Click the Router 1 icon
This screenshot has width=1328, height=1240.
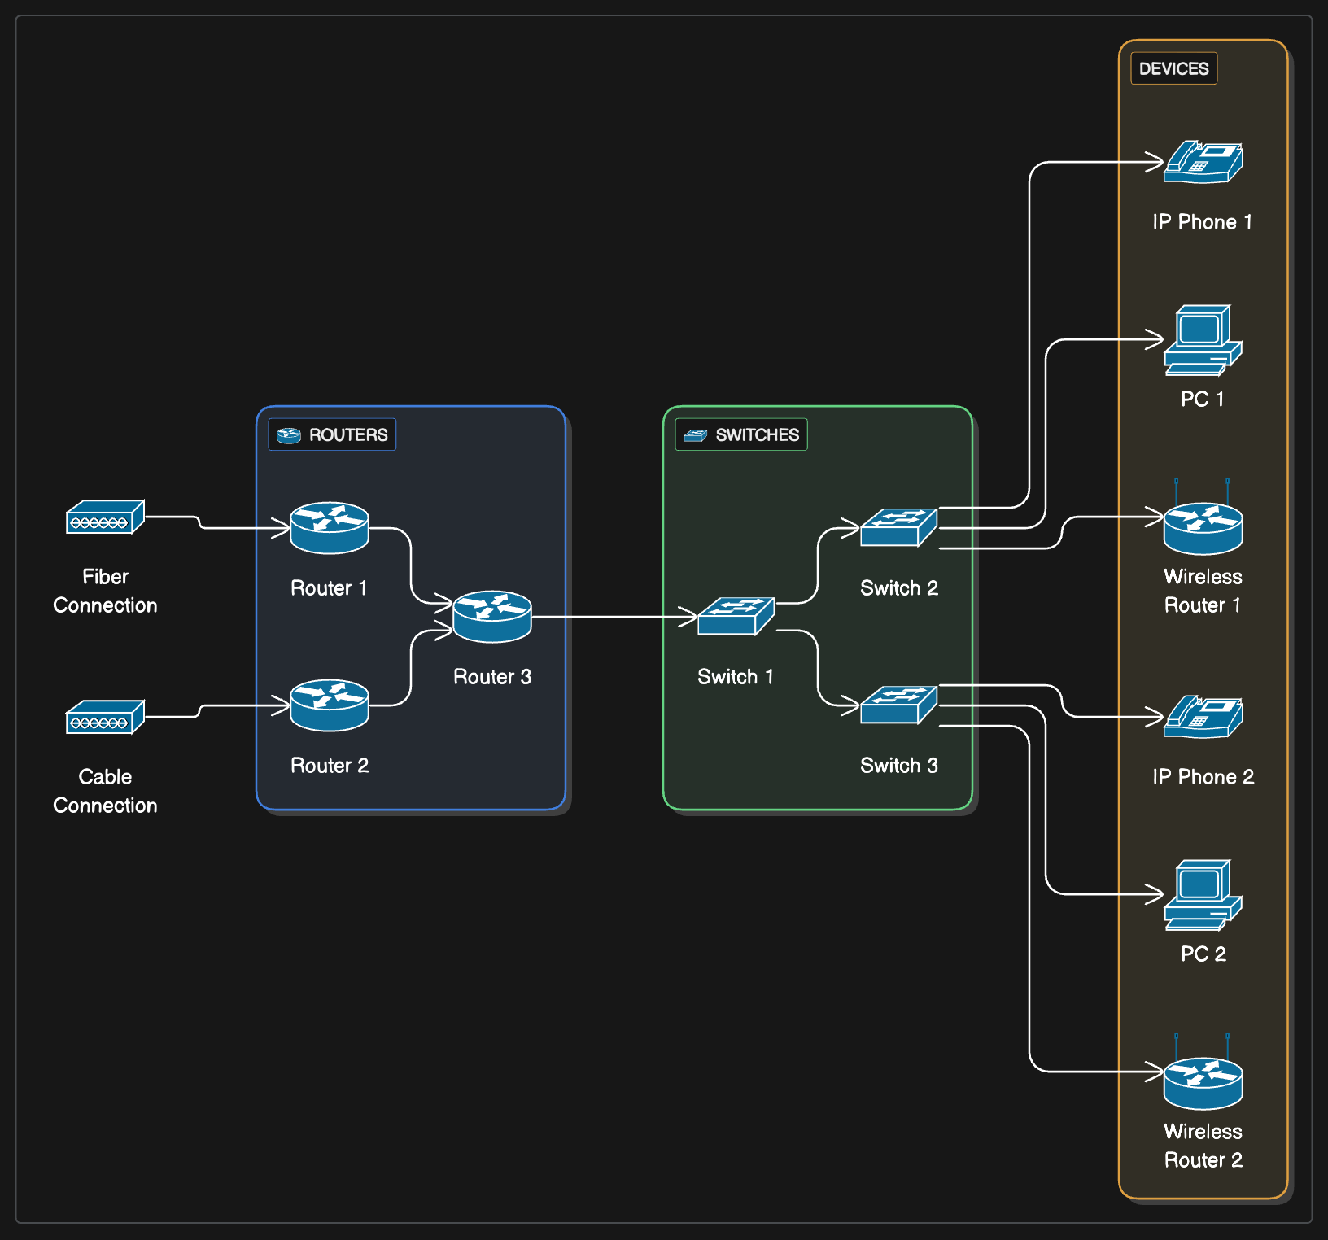pos(330,528)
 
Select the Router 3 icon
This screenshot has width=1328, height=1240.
pos(492,617)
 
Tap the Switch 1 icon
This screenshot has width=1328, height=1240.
pos(736,616)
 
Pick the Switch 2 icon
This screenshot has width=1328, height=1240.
pos(899,527)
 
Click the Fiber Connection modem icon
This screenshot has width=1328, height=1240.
pos(105,517)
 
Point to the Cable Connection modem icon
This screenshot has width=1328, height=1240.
pos(105,717)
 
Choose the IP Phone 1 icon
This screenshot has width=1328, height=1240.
pos(1203,162)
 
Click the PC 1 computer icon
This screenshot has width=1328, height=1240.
pos(1203,340)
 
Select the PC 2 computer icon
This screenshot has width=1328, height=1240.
pos(1203,895)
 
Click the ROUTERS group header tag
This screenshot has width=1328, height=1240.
pos(332,434)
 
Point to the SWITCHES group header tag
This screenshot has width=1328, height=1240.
pos(741,434)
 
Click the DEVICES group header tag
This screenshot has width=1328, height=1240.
pos(1174,68)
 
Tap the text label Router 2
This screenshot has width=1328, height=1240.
pos(330,766)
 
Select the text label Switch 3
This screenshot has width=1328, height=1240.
pos(899,766)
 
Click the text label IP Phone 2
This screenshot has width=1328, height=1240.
pos(1203,777)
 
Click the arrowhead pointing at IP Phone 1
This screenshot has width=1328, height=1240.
pos(1155,162)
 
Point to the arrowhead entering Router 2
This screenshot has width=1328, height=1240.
pos(281,705)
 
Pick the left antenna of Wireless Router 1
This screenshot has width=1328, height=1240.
pos(1177,491)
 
